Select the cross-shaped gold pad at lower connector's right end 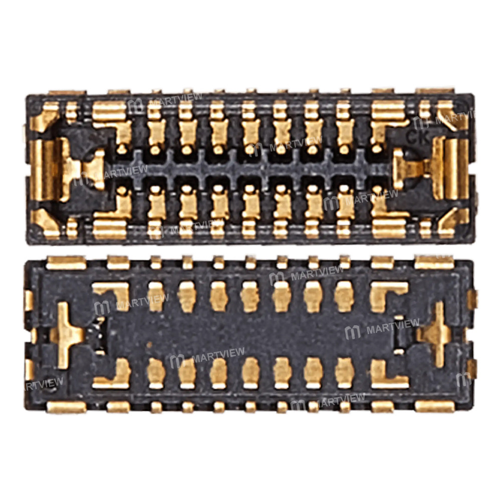(435, 334)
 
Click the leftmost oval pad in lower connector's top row (156, 296)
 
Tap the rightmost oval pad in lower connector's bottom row (344, 373)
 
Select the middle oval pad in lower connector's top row (250, 296)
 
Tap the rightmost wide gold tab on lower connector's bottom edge (434, 406)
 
